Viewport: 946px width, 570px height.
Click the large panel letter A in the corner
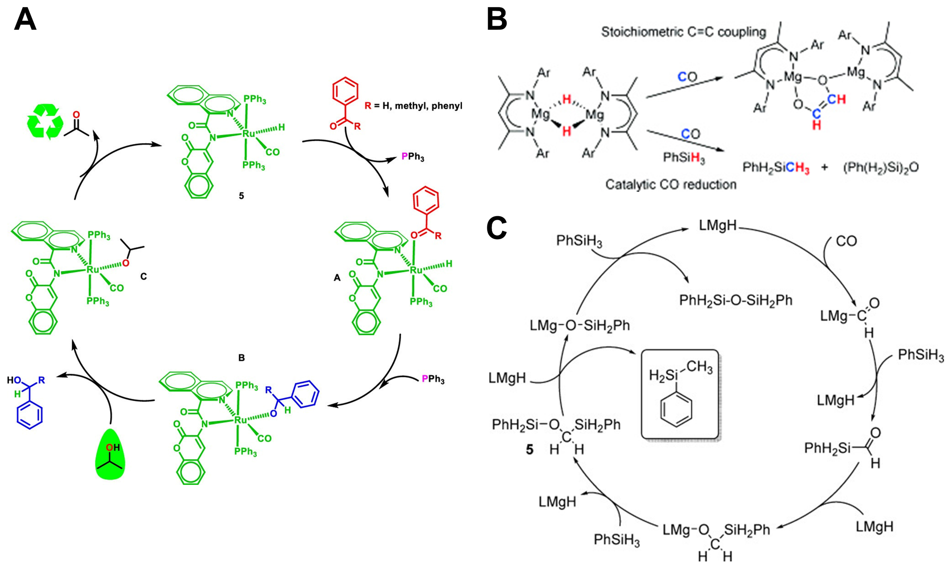point(25,20)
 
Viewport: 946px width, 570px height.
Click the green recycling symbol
point(45,122)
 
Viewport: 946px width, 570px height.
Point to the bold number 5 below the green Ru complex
point(241,196)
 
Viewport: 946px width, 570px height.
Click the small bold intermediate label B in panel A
point(241,358)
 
